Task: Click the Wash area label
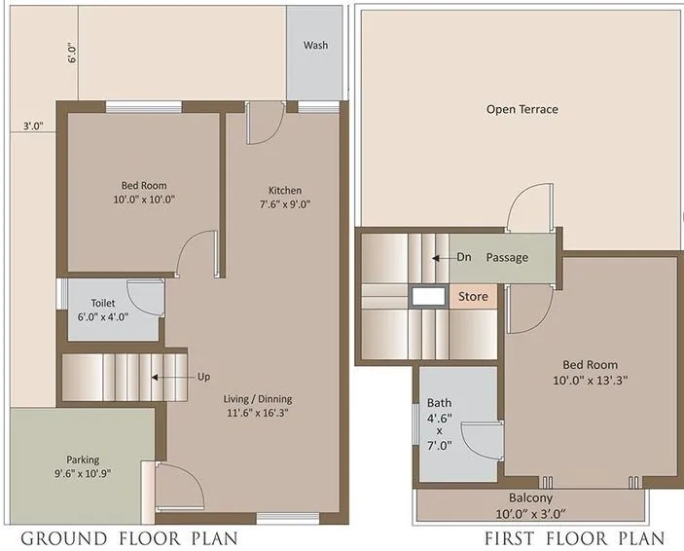(314, 46)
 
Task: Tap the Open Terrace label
(522, 109)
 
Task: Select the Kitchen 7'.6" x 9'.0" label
(285, 197)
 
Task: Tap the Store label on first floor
(474, 295)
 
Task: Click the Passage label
(507, 258)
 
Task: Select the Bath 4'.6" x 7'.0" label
(440, 429)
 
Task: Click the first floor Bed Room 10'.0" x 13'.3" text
(591, 373)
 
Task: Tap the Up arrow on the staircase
(167, 375)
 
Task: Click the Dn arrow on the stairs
(443, 258)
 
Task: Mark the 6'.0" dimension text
(71, 53)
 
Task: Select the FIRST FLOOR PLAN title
(574, 538)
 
